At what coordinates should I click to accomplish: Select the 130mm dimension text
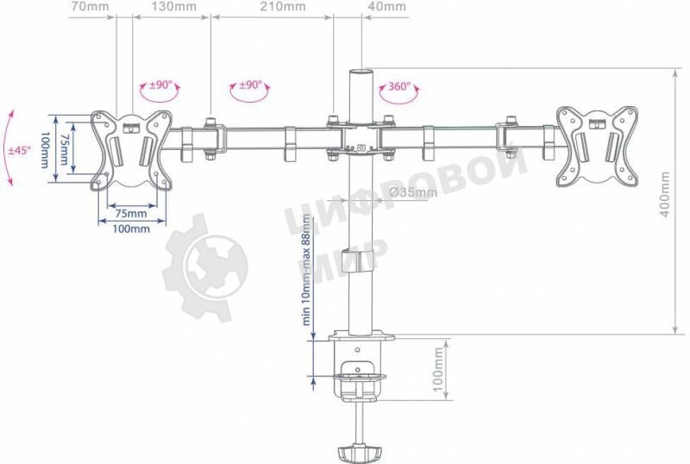tap(172, 7)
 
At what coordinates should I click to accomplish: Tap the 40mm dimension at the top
tap(386, 7)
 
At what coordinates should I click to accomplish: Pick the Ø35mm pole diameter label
tap(413, 191)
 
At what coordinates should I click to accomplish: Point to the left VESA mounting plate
tap(132, 148)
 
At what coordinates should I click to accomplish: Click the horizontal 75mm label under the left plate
tap(130, 213)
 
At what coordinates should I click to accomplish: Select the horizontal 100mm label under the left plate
tap(131, 229)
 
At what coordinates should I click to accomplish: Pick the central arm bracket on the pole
tap(358, 138)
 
